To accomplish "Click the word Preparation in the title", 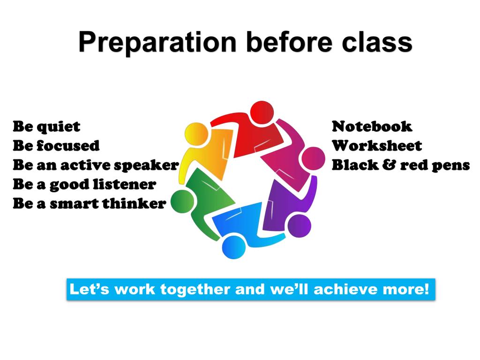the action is click(x=157, y=42).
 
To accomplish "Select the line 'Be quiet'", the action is click(x=46, y=127).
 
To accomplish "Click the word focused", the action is click(x=68, y=145).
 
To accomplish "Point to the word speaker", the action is click(x=146, y=166).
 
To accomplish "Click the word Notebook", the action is click(x=372, y=127).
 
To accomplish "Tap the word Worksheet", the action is click(x=377, y=146).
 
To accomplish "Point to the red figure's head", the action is click(x=262, y=112).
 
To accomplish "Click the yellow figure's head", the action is click(x=196, y=134).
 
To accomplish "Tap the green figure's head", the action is click(x=182, y=202).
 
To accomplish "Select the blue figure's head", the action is click(x=234, y=247).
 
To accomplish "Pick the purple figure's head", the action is click(x=300, y=226).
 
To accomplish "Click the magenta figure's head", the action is click(x=313, y=158).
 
